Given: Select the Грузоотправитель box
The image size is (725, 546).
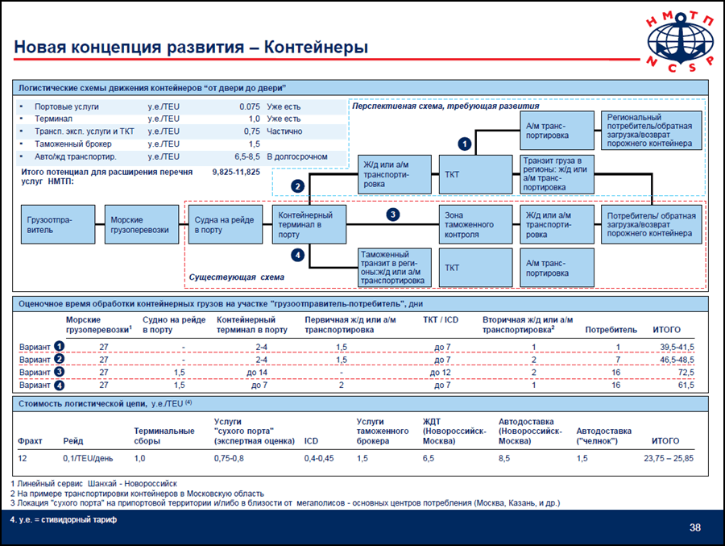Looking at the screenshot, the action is coord(58,224).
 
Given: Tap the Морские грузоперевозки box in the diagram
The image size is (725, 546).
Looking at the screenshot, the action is coord(142,224).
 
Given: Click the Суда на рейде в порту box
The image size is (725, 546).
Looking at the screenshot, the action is coord(226,224).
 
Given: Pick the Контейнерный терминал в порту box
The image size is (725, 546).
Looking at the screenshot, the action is coord(309,224).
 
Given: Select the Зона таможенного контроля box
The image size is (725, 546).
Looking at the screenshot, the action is coord(476,224).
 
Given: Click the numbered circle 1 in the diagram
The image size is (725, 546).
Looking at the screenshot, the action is coord(465,144).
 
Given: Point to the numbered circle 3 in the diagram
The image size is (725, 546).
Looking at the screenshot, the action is coord(393,215).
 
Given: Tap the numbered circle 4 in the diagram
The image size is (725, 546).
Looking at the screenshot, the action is coord(298,255).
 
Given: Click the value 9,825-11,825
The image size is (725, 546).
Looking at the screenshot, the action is coord(236,173).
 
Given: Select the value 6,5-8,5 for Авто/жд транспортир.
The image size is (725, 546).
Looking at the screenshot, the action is coord(247,156).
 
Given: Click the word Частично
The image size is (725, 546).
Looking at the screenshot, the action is coord(284,131).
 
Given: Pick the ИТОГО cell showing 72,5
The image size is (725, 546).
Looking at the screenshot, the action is coord(686,373).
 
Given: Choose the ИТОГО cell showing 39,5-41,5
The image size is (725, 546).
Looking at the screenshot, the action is coord(677,347).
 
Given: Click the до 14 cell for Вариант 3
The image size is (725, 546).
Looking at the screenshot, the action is coord(257,373).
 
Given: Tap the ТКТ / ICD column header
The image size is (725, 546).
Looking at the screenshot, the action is coord(441,319).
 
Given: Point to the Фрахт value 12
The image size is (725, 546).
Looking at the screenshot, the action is coord(23,458).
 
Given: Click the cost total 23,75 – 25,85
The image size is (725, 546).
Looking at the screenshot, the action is coord(669,458).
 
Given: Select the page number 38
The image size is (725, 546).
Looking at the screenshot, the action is coord(695,527).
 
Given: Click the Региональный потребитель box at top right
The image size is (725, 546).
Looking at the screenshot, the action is coord(652,130).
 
